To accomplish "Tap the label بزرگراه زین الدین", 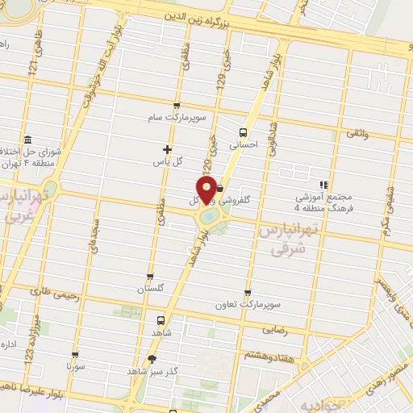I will point(207,15).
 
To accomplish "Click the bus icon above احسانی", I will point(243,132).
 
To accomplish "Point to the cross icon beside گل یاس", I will point(167,149).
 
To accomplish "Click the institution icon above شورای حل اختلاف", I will point(28,138).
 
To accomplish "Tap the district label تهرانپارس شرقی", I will point(289,240).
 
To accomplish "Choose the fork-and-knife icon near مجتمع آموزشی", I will point(323,185).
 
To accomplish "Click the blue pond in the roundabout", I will point(208,216).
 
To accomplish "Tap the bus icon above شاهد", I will point(161,319).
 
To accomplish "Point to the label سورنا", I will point(77,365).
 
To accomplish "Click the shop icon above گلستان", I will point(150,276).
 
